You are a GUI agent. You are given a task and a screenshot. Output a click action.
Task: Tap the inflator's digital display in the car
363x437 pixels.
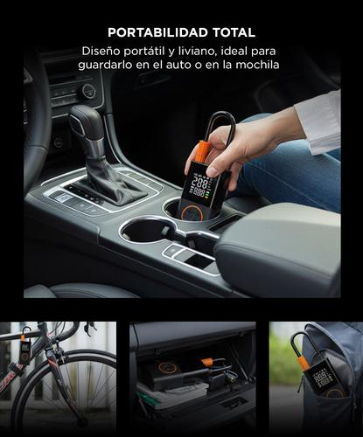tap(199, 186)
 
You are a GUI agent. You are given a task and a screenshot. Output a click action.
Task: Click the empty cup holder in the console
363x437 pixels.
tap(149, 232)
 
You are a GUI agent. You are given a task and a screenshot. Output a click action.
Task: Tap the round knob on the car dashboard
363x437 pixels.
tap(87, 92)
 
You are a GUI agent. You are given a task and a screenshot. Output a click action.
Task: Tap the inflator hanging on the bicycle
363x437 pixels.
tap(25, 350)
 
